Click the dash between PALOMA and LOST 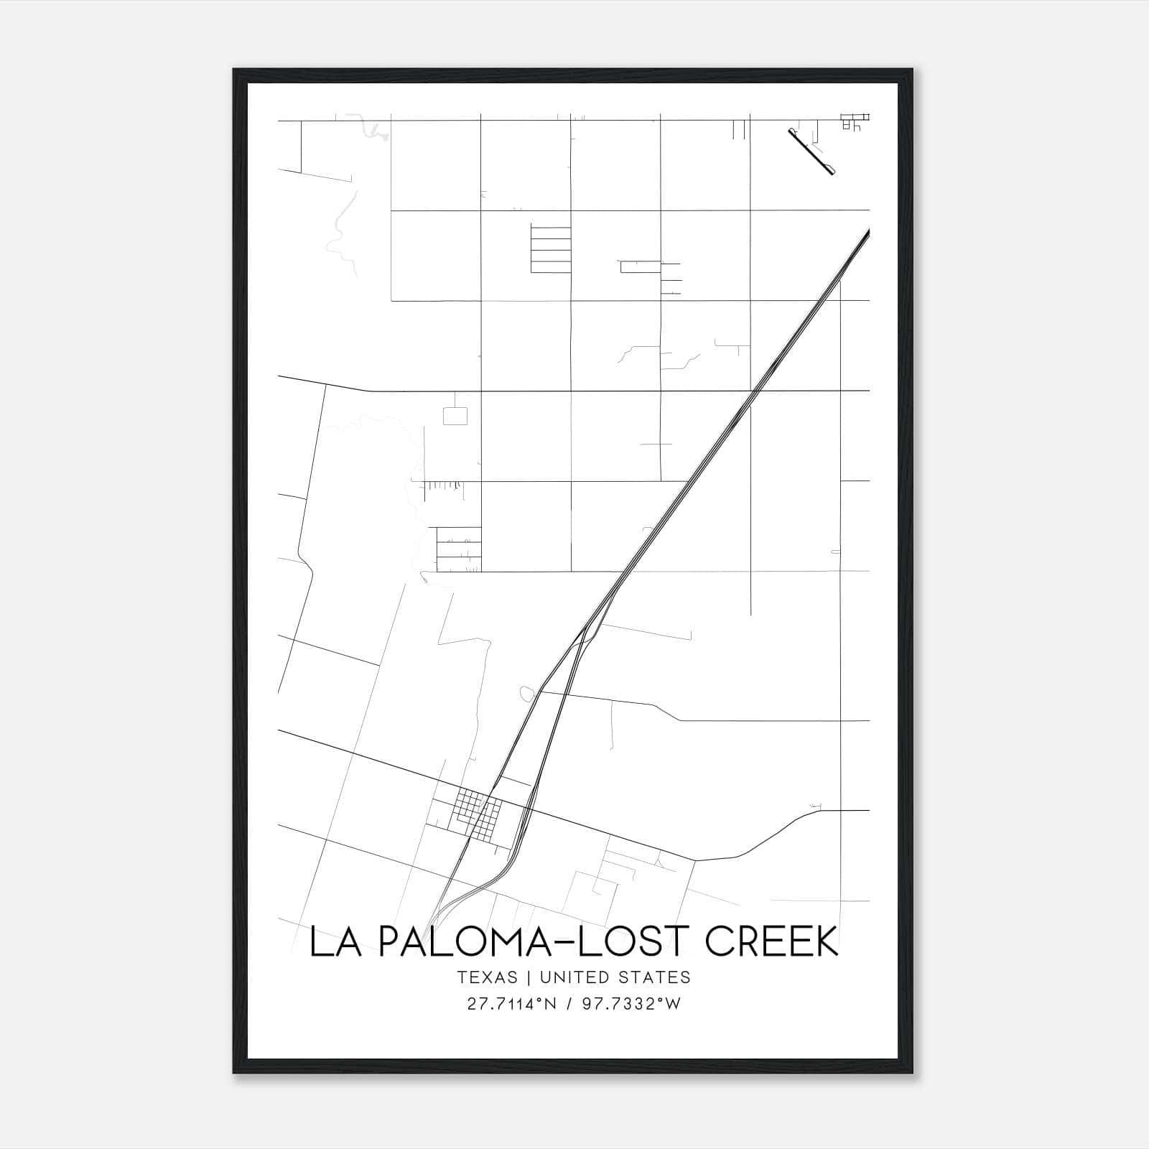click(x=562, y=944)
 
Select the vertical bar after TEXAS click(x=528, y=977)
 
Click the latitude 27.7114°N click(x=511, y=1003)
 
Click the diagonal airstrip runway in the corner click(x=811, y=152)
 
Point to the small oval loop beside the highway click(x=527, y=694)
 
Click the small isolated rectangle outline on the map click(x=455, y=416)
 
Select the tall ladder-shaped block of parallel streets click(x=551, y=249)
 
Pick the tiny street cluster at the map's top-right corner click(x=855, y=121)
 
